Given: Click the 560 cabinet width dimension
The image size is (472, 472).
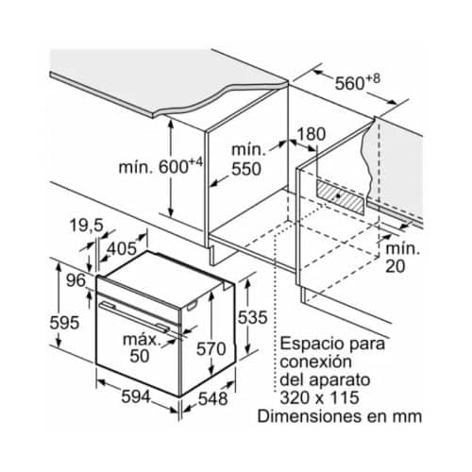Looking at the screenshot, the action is pos(357,82).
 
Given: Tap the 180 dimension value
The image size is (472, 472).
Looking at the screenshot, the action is pos(312,134).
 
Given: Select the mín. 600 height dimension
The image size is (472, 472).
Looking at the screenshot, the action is pos(160,166).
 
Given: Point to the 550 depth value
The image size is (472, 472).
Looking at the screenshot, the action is pos(246,169).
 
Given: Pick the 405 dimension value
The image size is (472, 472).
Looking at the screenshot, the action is pos(122,249).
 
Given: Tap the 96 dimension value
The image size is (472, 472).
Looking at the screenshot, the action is pos(76,280).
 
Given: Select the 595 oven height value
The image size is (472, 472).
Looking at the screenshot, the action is pos(64,323).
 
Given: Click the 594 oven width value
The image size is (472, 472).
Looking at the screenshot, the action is pos(136,396).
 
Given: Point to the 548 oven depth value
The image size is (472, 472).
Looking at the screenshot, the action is pos(213,399).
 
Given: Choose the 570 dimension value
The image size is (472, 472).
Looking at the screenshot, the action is pos(211,349).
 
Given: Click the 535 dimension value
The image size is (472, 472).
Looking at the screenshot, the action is pos(252,317).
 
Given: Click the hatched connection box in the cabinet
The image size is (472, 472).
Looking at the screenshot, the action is pos(340,196).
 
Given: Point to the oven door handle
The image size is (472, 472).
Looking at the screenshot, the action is pos(134,316).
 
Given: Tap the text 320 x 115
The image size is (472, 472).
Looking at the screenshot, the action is pos(319,397).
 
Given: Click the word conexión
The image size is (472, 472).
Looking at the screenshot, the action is pos(315,362).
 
